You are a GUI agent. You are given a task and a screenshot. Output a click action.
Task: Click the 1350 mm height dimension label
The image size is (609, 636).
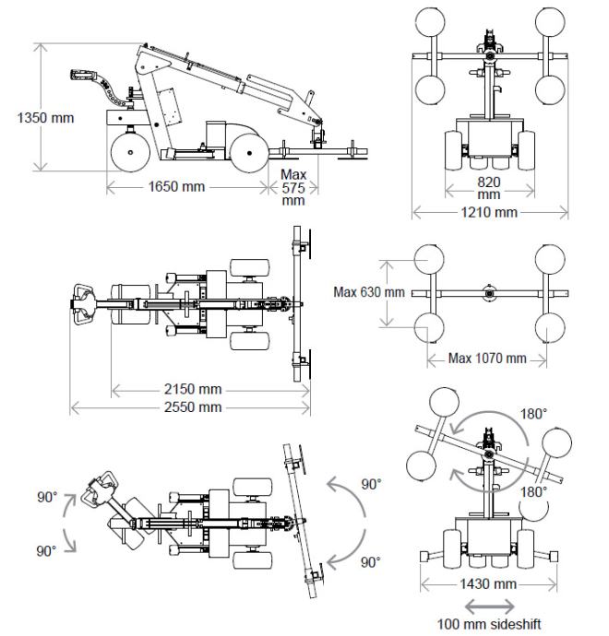tap(45, 117)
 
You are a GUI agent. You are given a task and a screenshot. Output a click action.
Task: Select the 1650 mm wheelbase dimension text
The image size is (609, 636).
tap(183, 186)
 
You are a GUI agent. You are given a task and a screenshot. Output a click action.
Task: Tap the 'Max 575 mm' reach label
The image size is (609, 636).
tap(293, 186)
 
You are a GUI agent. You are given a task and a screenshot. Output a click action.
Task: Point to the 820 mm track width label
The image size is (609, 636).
tap(489, 188)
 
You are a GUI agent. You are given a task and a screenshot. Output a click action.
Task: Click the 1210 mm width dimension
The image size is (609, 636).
tap(490, 213)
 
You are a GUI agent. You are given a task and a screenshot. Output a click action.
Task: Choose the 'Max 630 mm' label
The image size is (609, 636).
tap(369, 292)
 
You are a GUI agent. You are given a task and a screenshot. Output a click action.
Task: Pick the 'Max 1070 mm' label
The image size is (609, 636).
tap(487, 358)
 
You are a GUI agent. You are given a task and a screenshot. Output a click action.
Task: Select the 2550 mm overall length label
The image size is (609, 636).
tap(190, 406)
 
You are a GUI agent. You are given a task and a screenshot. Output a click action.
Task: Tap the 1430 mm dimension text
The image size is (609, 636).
tap(490, 583)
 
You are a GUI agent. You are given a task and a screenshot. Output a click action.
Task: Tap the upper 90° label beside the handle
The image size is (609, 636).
tap(46, 497)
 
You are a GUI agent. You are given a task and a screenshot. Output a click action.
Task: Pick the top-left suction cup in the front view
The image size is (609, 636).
tap(435, 25)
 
